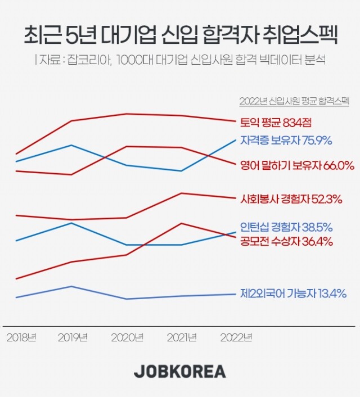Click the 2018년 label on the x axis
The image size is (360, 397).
pos(21,337)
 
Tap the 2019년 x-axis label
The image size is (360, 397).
pos(74,337)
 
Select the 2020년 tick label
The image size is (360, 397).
pos(127,337)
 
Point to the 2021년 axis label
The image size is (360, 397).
pos(182,337)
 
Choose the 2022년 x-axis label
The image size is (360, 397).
pos(236,337)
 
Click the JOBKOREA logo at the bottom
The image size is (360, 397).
pos(180,372)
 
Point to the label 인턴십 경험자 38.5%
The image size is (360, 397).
pos(286,228)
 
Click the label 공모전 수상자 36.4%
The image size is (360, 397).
pos(286,242)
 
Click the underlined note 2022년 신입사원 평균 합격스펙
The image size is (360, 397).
pos(294,101)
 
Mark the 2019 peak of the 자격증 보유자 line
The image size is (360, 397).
pos(71,145)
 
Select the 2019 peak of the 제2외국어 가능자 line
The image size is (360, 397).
pos(71,286)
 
